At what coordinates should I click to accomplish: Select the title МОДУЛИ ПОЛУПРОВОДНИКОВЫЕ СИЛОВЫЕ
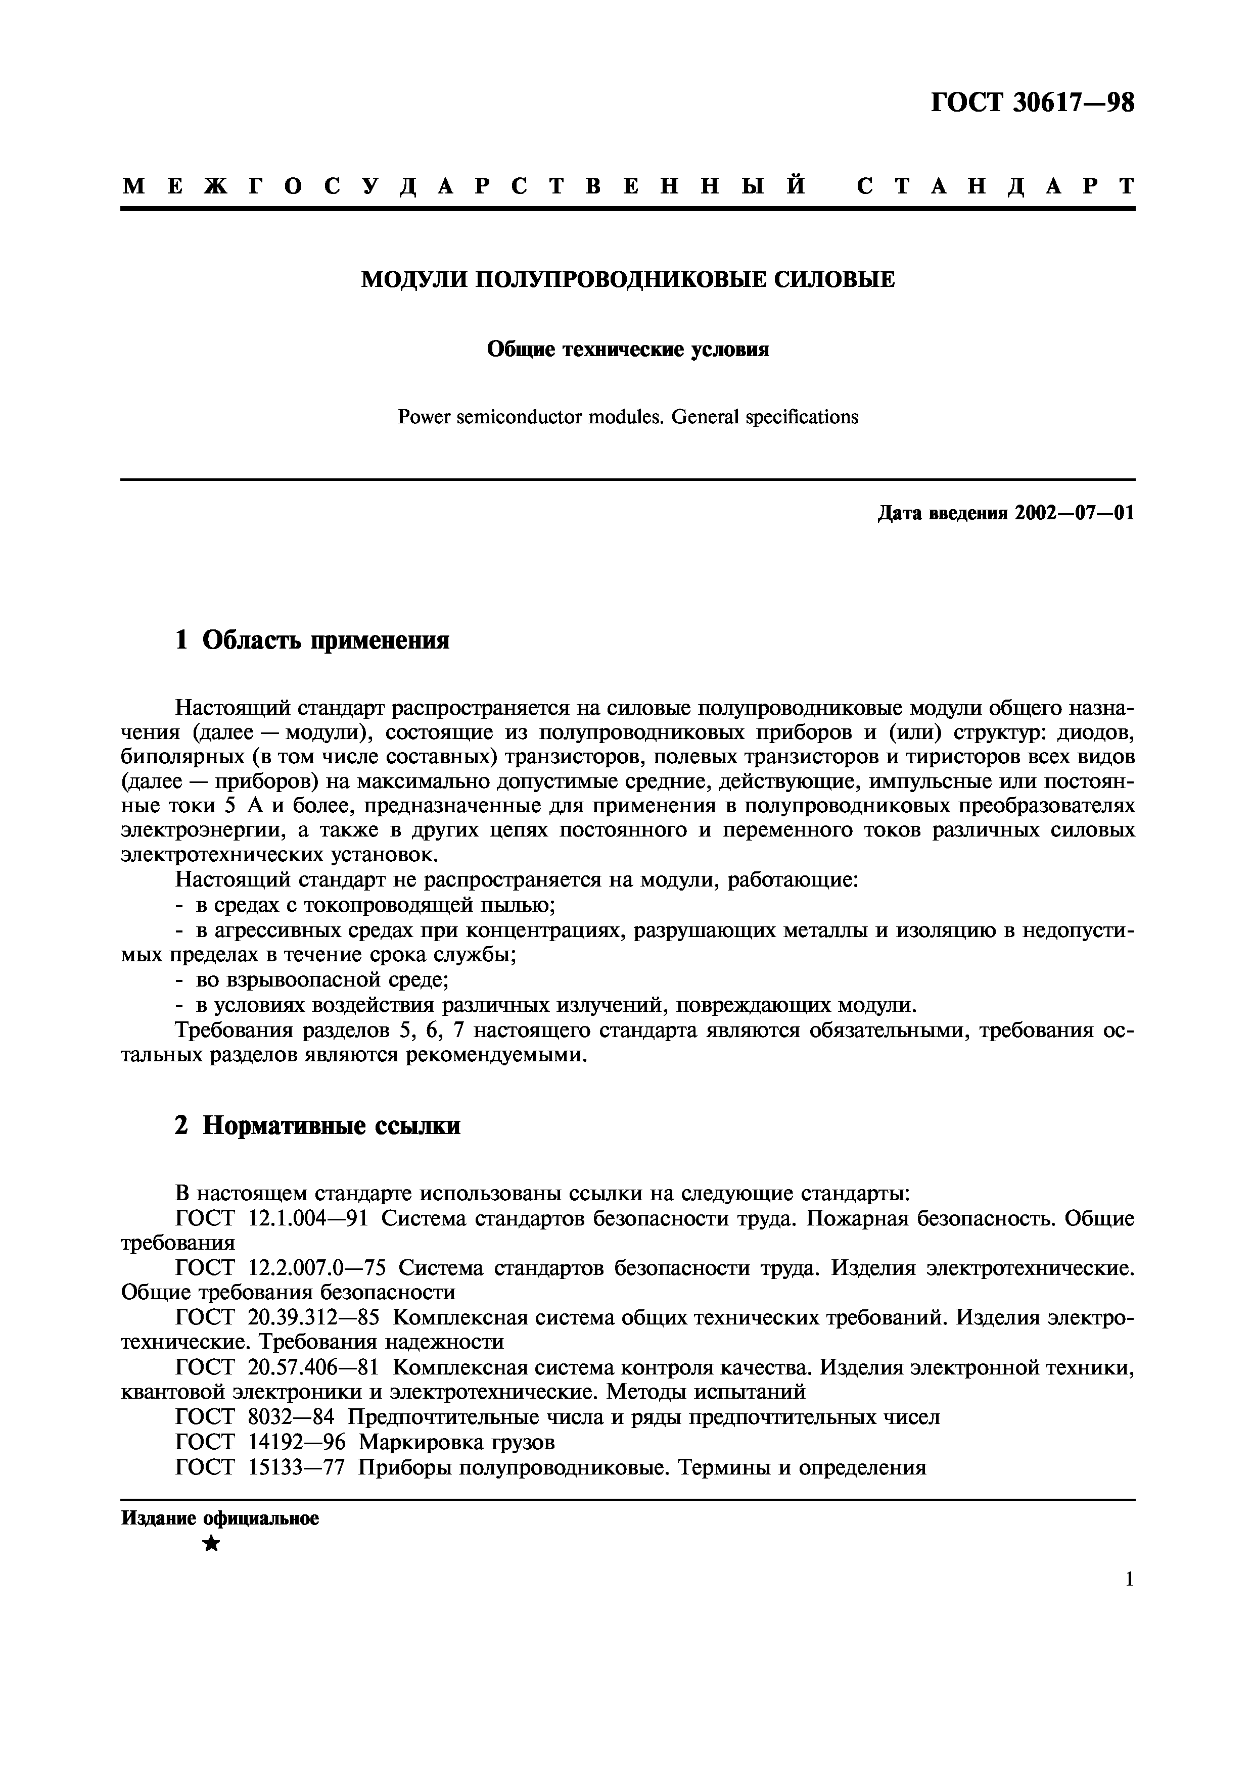[628, 279]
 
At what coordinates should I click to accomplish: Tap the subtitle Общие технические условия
[628, 350]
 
